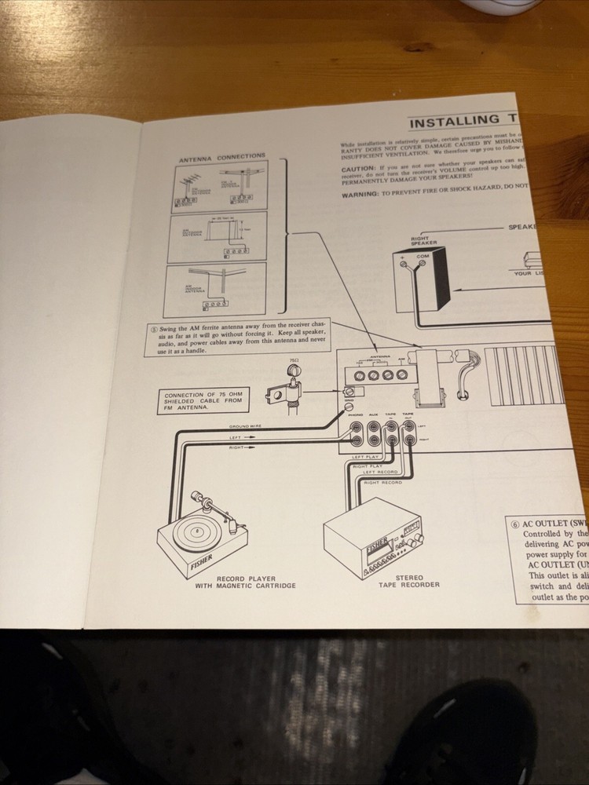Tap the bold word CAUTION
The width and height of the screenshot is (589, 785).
358,169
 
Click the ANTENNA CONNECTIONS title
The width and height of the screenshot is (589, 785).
221,157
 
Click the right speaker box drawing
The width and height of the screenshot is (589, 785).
424,279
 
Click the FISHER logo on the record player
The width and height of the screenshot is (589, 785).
201,564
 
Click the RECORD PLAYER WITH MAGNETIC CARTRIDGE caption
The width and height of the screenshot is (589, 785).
245,582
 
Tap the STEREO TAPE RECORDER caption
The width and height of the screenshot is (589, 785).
408,581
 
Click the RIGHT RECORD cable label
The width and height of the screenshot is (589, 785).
383,482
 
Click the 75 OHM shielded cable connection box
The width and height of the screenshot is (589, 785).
203,400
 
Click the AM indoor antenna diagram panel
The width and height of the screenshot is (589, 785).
214,288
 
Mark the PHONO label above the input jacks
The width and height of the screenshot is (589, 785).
356,414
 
